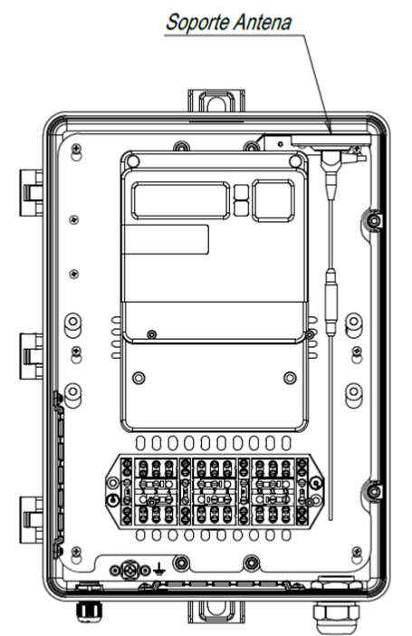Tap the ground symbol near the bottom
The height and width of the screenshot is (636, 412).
click(159, 569)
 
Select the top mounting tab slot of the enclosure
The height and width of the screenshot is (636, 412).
click(216, 102)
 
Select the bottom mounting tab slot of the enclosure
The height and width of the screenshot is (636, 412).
click(216, 612)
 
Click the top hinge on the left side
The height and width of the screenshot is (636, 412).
click(32, 193)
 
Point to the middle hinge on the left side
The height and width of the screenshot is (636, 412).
click(32, 356)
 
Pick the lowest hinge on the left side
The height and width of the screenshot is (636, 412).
click(32, 520)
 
